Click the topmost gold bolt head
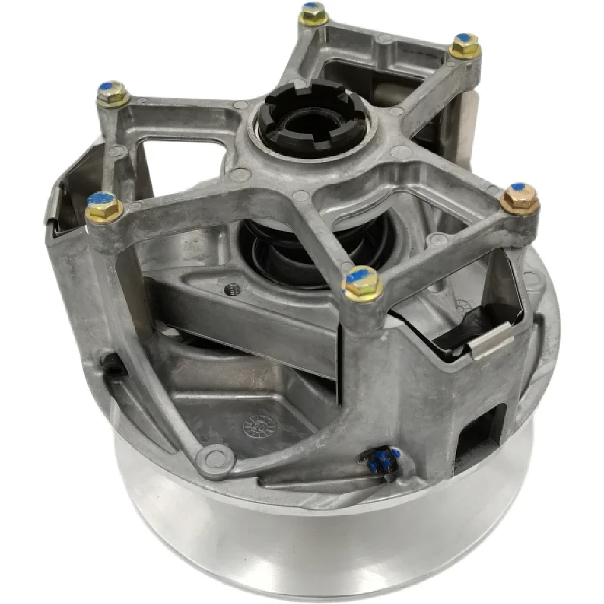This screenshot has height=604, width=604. [313, 13]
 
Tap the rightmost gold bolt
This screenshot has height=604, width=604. [519, 199]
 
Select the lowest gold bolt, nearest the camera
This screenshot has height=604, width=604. [362, 282]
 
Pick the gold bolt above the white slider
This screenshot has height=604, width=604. [465, 45]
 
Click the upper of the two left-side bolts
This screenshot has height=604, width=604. [113, 94]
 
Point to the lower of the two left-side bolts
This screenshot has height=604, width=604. [104, 207]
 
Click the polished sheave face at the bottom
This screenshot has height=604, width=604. [314, 544]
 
